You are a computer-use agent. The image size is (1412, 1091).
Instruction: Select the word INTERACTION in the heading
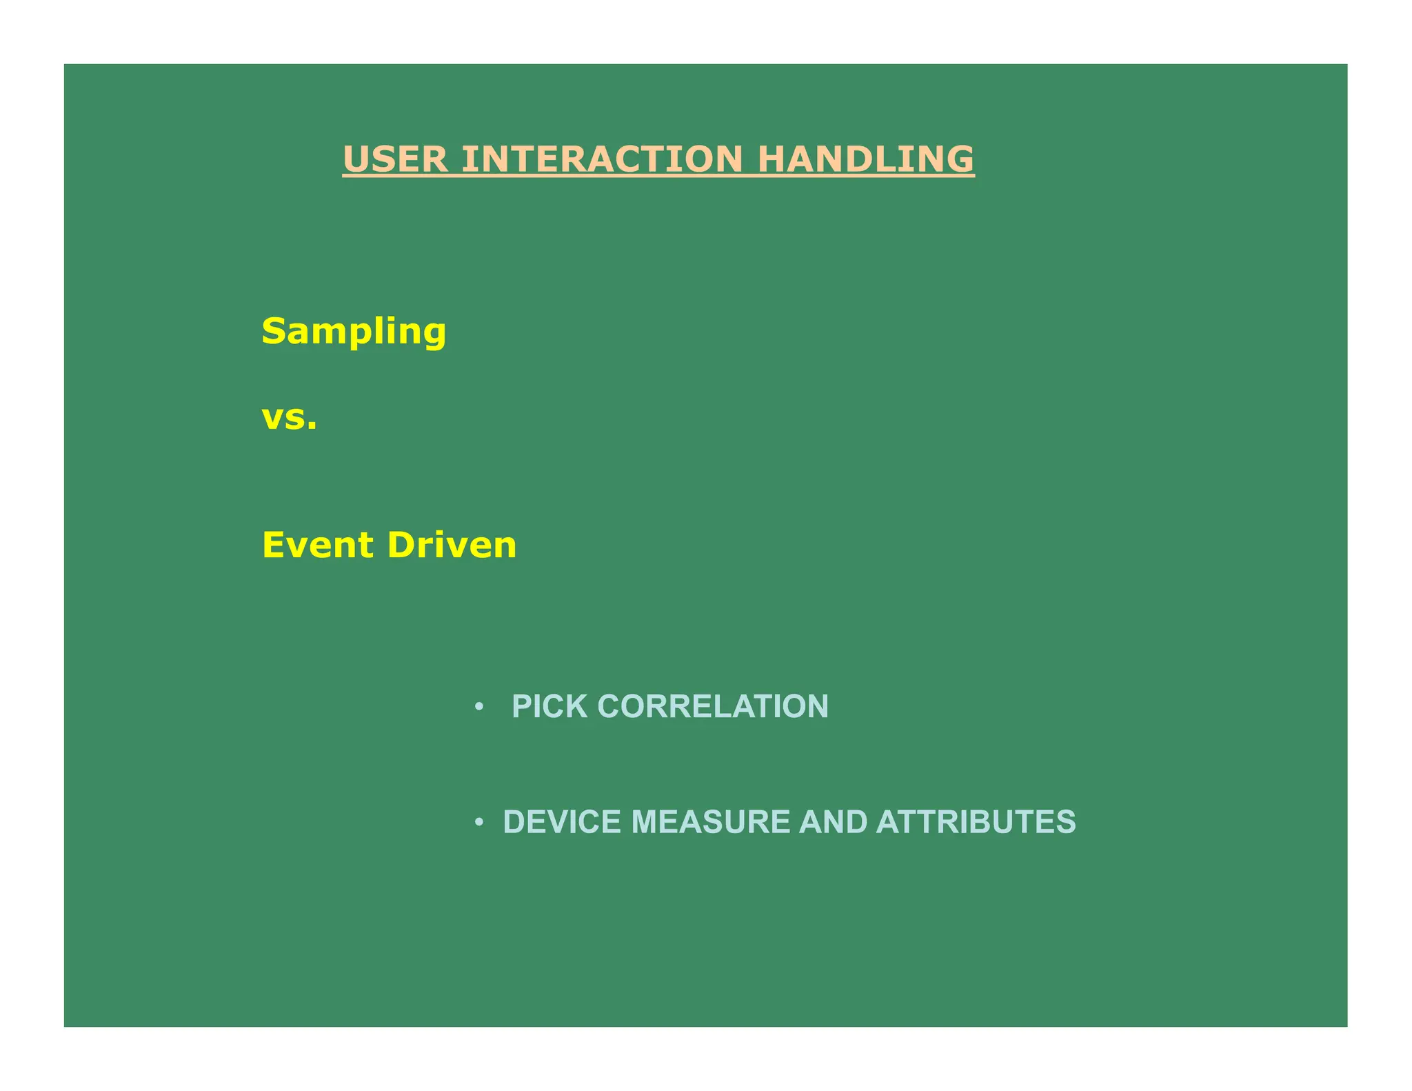pyautogui.click(x=602, y=159)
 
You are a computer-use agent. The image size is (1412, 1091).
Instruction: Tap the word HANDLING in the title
pyautogui.click(x=865, y=159)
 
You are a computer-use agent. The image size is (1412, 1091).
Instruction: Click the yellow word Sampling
pyautogui.click(x=354, y=332)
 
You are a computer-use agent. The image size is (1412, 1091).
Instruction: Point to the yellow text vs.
pyautogui.click(x=290, y=418)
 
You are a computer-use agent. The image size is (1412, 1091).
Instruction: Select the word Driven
pyautogui.click(x=452, y=545)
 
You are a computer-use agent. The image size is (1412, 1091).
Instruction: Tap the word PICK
pyautogui.click(x=549, y=706)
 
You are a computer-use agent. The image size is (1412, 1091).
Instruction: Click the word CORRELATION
pyautogui.click(x=713, y=706)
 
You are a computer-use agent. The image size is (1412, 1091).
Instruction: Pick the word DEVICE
pyautogui.click(x=562, y=822)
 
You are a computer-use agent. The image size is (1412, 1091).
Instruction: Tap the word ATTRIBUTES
pyautogui.click(x=976, y=822)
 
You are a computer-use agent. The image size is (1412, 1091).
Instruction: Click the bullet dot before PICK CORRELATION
pyautogui.click(x=479, y=707)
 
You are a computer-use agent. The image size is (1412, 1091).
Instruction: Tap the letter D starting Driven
pyautogui.click(x=401, y=545)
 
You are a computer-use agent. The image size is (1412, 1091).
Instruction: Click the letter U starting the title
pyautogui.click(x=356, y=159)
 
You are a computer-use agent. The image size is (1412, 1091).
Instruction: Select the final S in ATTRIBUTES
pyautogui.click(x=1066, y=822)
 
